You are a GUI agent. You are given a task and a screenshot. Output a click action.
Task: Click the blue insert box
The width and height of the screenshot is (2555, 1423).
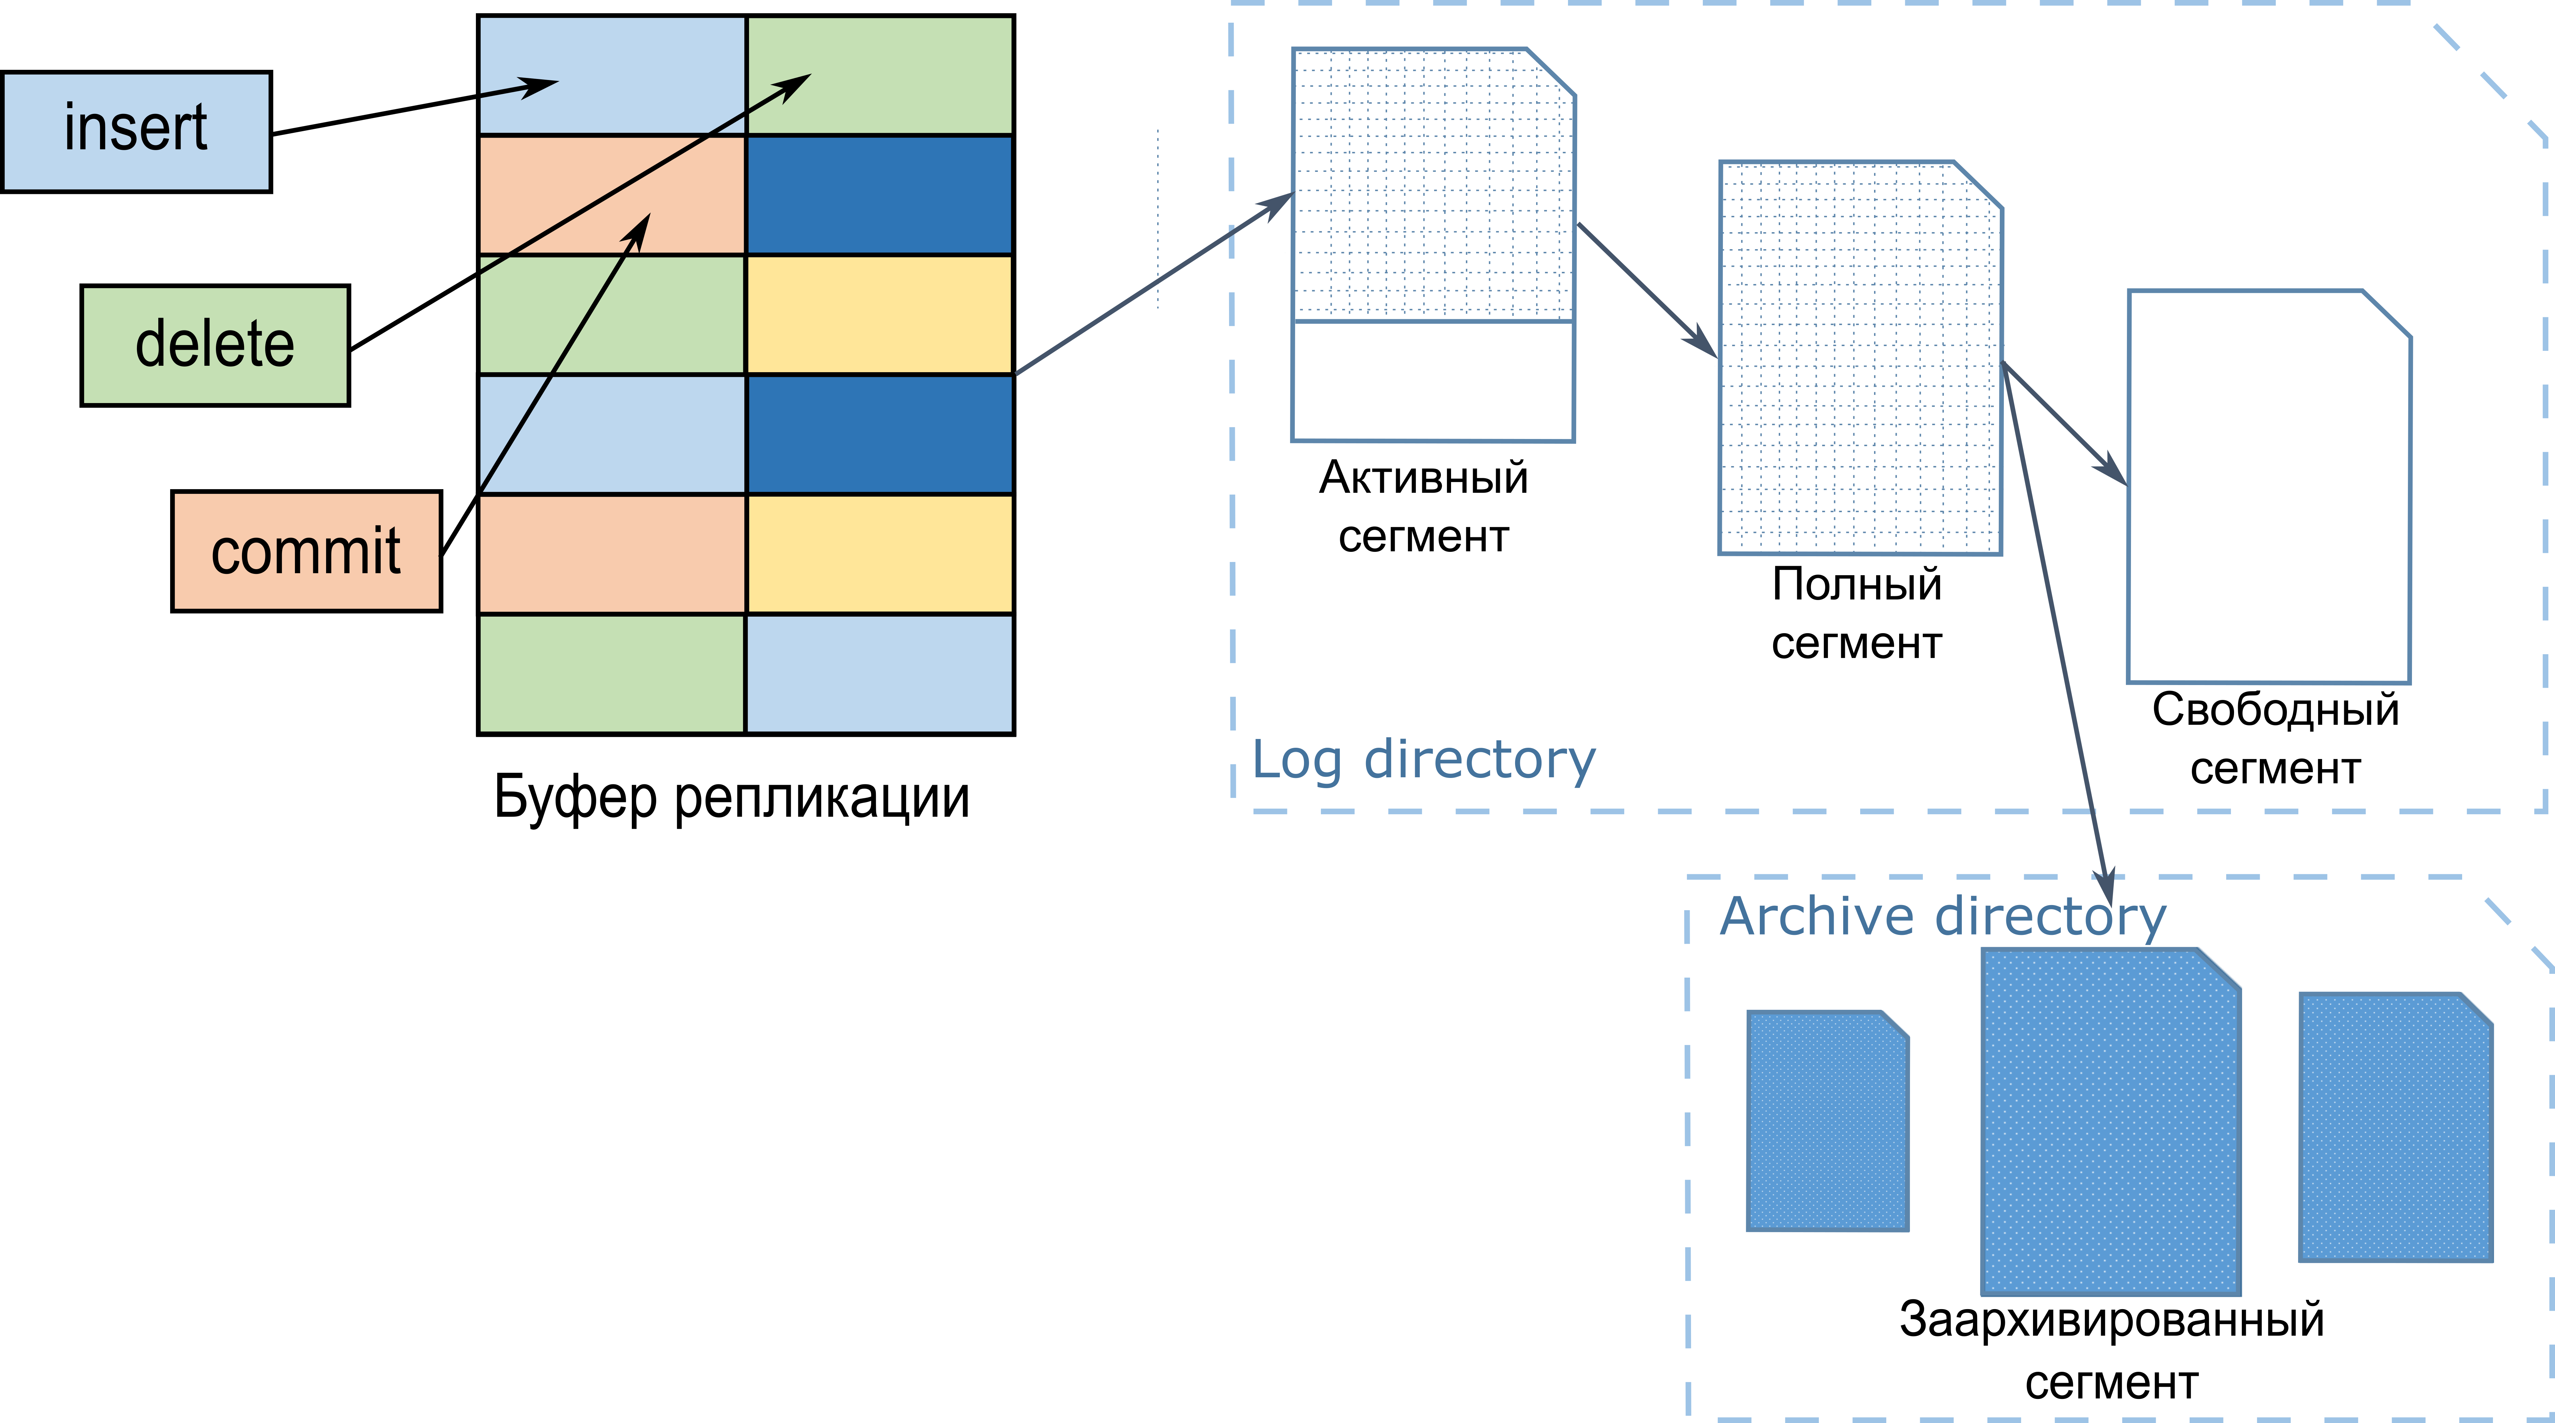[x=136, y=131]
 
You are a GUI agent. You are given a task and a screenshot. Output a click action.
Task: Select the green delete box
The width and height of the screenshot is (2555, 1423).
[x=215, y=345]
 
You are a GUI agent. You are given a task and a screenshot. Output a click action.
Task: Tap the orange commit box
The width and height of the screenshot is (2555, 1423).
[x=306, y=552]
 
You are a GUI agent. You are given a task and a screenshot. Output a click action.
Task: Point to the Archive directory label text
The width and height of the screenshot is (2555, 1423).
[x=1942, y=916]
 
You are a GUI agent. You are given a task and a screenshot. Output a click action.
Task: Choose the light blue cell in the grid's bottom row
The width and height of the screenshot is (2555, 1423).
[x=879, y=673]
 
